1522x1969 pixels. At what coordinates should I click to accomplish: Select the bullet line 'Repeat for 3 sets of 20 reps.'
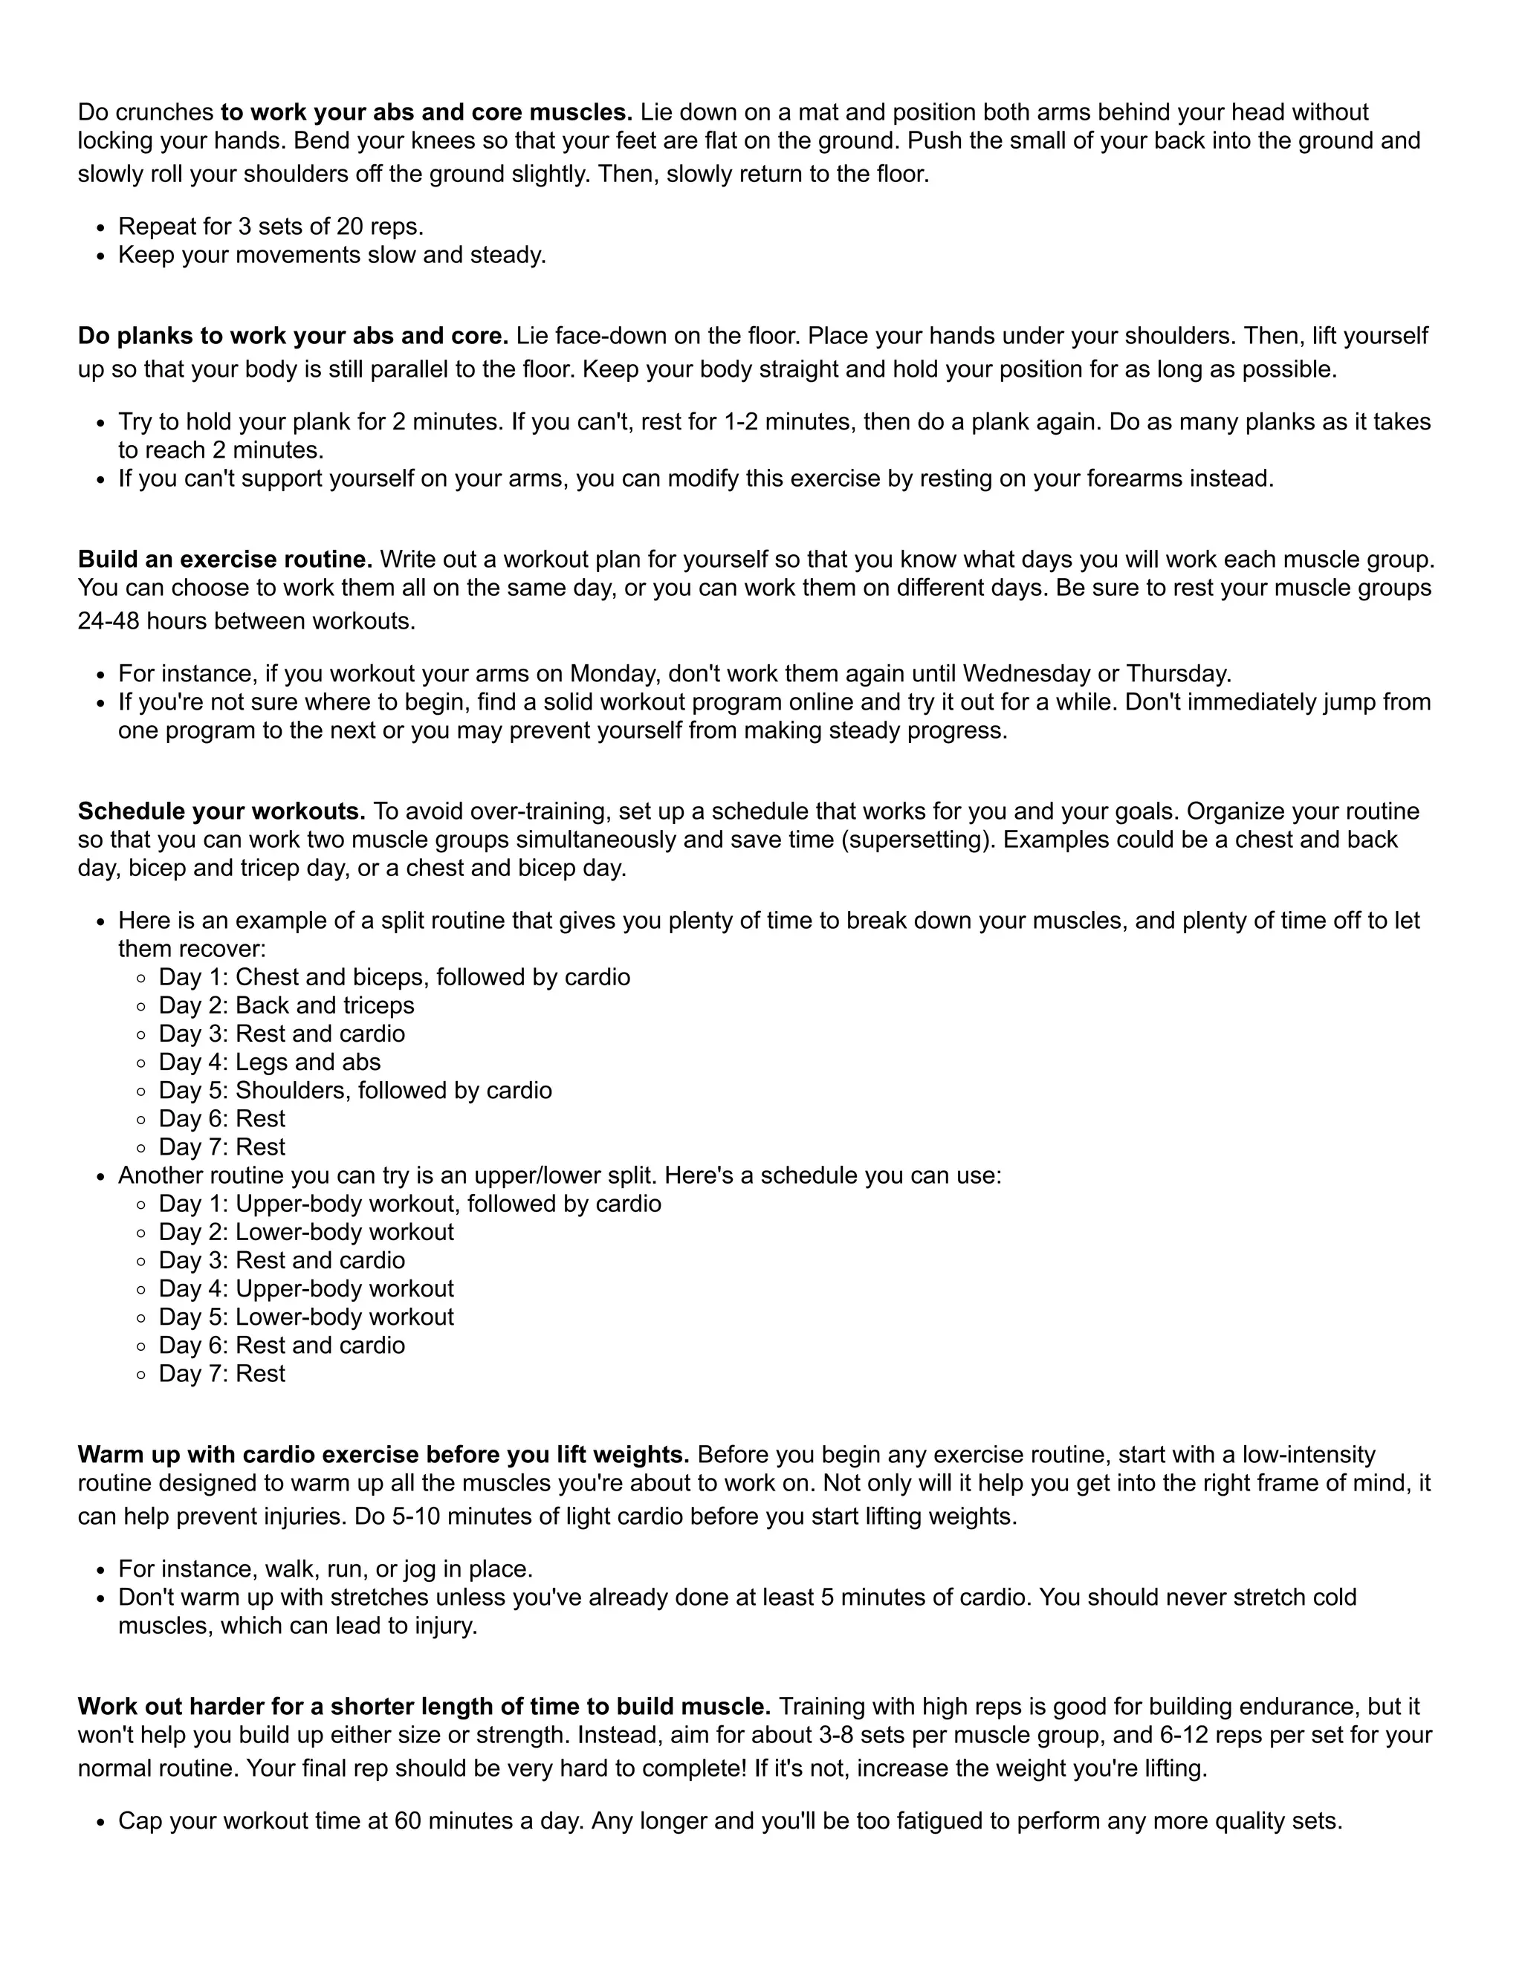coord(271,227)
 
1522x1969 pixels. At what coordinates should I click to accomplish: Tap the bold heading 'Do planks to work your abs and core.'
coord(293,337)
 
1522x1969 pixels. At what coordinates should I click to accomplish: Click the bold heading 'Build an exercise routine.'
coord(225,560)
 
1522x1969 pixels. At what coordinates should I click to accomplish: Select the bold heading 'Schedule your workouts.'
coord(221,811)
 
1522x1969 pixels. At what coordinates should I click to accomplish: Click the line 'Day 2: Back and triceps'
coord(287,1005)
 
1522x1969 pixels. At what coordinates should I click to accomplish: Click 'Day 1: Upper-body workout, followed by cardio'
coord(410,1204)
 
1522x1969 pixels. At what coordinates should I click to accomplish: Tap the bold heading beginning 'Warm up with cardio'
coord(383,1455)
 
